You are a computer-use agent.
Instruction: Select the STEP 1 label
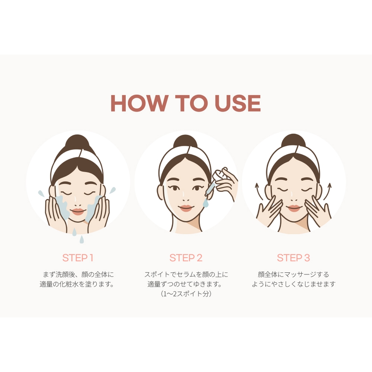78,258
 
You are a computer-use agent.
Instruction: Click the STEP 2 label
186,258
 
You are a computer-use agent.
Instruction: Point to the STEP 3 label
293,258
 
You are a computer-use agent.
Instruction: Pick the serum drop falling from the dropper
205,203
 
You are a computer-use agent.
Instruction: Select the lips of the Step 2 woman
186,208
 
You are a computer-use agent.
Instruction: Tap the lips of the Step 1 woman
78,211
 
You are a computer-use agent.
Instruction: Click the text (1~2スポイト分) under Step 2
186,294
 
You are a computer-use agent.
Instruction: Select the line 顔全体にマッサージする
293,274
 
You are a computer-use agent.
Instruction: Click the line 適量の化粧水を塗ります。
77,284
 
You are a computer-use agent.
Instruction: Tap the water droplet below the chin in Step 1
82,239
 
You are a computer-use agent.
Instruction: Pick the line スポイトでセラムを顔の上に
186,274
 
